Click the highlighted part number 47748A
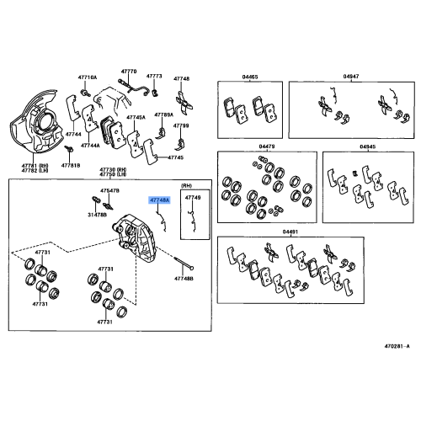click(x=159, y=200)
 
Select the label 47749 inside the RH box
click(x=193, y=198)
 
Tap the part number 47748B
click(x=184, y=279)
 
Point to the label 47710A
click(x=88, y=77)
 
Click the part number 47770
click(x=129, y=72)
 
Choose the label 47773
click(x=154, y=76)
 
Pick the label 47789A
click(x=164, y=115)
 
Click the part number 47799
click(x=181, y=125)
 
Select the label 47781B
click(x=71, y=166)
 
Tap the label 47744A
click(x=90, y=146)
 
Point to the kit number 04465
click(x=250, y=77)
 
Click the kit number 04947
click(x=351, y=77)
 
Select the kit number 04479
click(x=267, y=147)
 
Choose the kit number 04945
click(x=368, y=147)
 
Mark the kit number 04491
click(x=290, y=232)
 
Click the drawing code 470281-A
click(x=397, y=346)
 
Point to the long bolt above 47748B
click(x=184, y=264)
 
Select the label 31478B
click(x=97, y=215)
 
